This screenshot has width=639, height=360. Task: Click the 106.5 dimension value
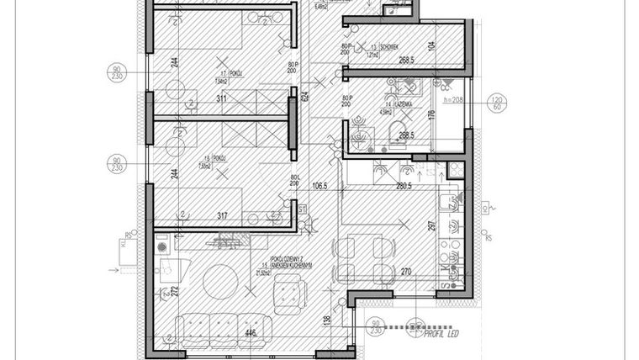pyautogui.click(x=319, y=187)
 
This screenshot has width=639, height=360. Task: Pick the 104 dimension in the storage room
pyautogui.click(x=432, y=47)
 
